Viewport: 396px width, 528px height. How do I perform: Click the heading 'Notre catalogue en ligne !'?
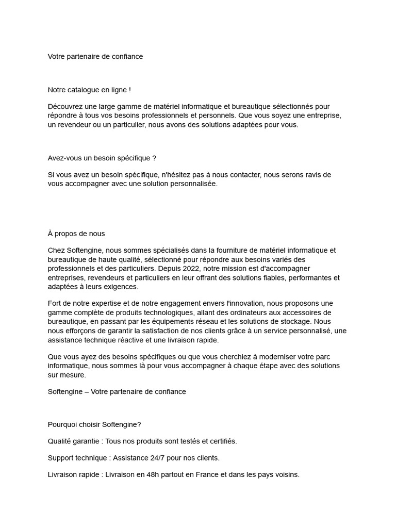tap(89, 90)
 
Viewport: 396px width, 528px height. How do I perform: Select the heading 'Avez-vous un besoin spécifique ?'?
tap(102, 158)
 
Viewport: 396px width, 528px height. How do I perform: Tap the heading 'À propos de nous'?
tap(76, 234)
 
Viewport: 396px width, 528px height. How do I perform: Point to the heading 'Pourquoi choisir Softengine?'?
tap(94, 424)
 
